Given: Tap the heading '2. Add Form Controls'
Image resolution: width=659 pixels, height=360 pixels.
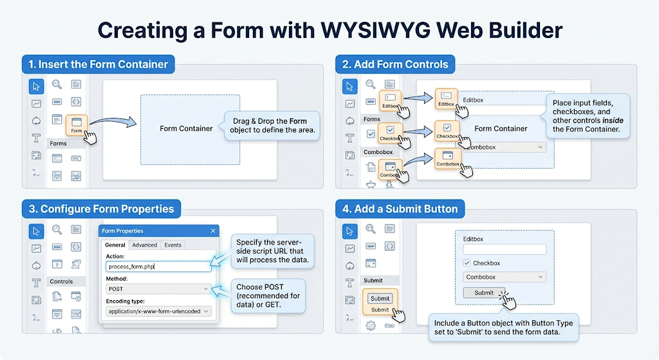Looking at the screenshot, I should (x=395, y=64).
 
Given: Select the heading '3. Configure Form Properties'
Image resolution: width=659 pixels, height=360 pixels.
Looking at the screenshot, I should (x=102, y=209).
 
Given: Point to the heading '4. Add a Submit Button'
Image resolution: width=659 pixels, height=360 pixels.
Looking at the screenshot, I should (x=401, y=209).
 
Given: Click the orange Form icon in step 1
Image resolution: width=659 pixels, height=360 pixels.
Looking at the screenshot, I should (x=77, y=124).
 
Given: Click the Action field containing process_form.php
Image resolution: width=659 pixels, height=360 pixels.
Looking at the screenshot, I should (x=158, y=266).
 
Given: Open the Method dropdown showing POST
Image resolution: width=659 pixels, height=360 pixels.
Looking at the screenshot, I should (x=158, y=289).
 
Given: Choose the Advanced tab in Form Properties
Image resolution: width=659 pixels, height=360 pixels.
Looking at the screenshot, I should (x=145, y=245).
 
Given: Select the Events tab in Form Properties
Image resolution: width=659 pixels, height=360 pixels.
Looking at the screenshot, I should (x=173, y=245).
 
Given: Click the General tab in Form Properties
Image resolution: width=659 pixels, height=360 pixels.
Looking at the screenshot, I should (x=115, y=245).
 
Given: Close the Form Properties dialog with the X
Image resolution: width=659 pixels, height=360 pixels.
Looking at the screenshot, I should (x=213, y=231).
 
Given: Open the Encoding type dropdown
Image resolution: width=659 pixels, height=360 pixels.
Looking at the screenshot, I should (x=158, y=311).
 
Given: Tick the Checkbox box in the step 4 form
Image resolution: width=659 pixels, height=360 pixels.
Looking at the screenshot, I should (x=467, y=263).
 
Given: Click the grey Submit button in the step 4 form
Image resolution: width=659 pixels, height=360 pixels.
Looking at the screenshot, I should (x=484, y=292).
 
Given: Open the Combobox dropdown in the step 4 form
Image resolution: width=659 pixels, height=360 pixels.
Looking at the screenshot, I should (x=505, y=278).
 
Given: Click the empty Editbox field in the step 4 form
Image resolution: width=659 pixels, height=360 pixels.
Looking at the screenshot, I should (x=505, y=249).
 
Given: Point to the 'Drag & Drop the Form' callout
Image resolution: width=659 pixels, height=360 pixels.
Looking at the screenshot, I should (x=270, y=126).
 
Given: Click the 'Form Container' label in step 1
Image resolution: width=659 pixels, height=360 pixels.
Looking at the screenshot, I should (x=186, y=129).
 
